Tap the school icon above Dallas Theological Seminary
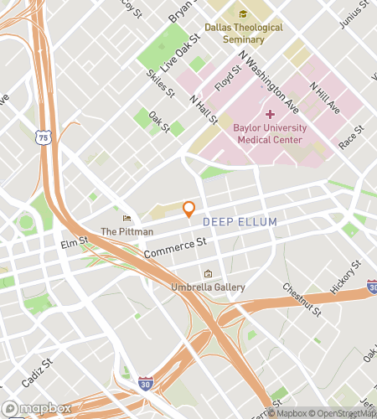pyautogui.click(x=244, y=14)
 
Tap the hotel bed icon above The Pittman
pyautogui.click(x=127, y=218)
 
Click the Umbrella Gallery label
pyautogui.click(x=209, y=287)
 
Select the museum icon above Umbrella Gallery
pyautogui.click(x=209, y=274)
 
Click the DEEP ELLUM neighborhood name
pyautogui.click(x=240, y=221)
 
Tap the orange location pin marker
pyautogui.click(x=189, y=209)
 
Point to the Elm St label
pyautogui.click(x=75, y=245)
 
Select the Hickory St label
pyautogui.click(x=345, y=277)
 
